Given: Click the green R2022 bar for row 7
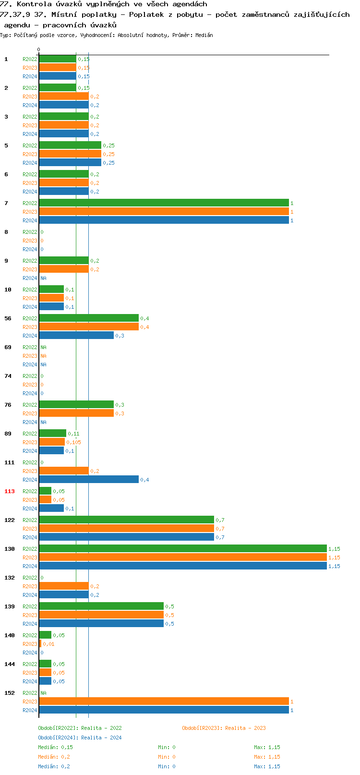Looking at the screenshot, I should click(x=164, y=203).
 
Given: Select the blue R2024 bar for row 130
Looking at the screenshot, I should click(x=183, y=566).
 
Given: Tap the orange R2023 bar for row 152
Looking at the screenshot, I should click(x=164, y=702).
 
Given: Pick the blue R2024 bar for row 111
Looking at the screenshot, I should click(x=89, y=480).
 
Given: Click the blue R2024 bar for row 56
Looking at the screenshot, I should click(x=76, y=336).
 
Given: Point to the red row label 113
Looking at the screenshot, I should click(x=10, y=491).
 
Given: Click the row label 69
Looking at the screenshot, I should click(x=8, y=347).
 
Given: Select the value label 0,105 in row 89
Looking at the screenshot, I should click(x=73, y=442).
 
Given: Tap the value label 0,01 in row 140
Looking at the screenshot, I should click(x=48, y=644).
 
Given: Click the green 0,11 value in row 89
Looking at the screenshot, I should click(x=73, y=434).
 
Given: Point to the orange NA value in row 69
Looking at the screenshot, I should click(x=43, y=356).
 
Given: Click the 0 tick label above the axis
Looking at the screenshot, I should click(x=39, y=49).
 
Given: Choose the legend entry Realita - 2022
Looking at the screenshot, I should click(x=80, y=728).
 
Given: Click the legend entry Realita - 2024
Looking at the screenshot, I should click(x=80, y=738).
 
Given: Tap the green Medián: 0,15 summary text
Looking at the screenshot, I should click(x=55, y=747).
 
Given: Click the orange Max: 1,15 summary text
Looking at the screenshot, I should click(x=267, y=757).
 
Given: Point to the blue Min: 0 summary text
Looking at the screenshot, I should click(x=167, y=766).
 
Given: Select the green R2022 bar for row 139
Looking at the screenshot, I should click(x=101, y=606).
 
